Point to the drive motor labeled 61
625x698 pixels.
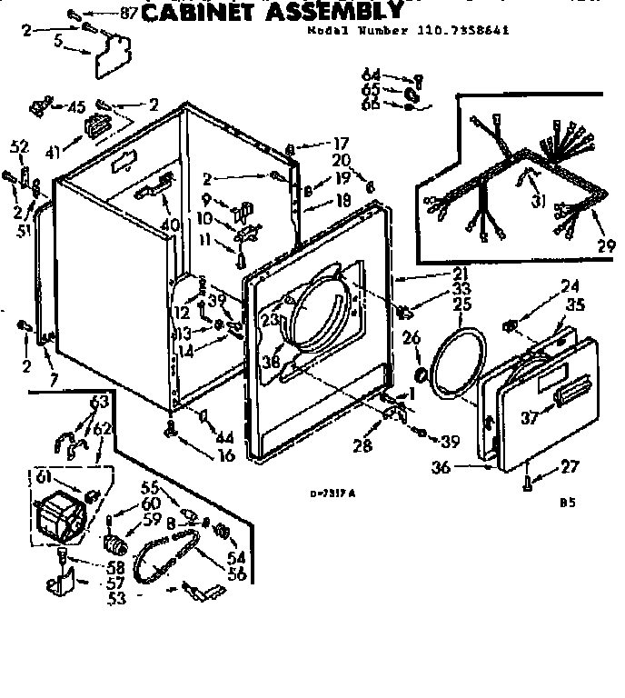click(59, 519)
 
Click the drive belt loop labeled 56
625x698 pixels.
click(164, 559)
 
